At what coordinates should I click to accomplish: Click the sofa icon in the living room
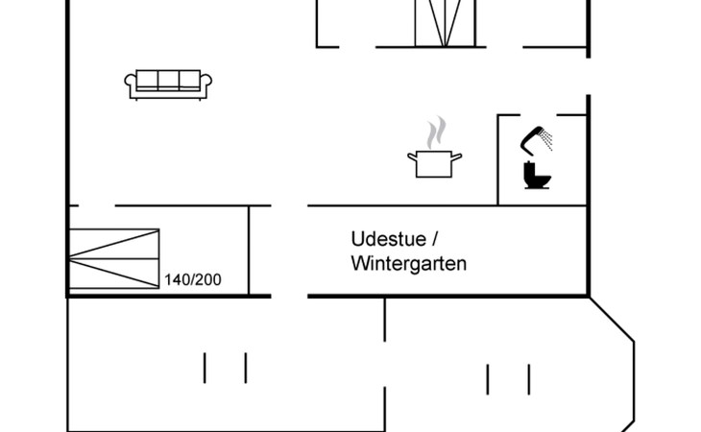(x=168, y=84)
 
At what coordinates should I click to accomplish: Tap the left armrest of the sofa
(x=130, y=86)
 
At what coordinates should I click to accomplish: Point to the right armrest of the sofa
(x=206, y=86)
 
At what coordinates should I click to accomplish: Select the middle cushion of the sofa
(x=168, y=80)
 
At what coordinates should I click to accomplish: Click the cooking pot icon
(x=435, y=162)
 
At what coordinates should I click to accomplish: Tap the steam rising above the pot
(x=436, y=132)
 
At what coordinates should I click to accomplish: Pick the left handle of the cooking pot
(x=411, y=156)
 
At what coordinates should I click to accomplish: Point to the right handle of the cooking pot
(x=458, y=156)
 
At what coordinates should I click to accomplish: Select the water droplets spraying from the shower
(x=547, y=140)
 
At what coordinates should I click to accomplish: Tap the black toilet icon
(x=535, y=175)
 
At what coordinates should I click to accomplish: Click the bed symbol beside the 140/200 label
(x=113, y=258)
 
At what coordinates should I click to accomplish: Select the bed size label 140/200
(x=193, y=280)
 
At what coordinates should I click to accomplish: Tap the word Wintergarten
(x=409, y=263)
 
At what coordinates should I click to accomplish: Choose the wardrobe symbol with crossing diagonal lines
(x=444, y=21)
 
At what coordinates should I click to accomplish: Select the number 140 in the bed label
(x=177, y=280)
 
